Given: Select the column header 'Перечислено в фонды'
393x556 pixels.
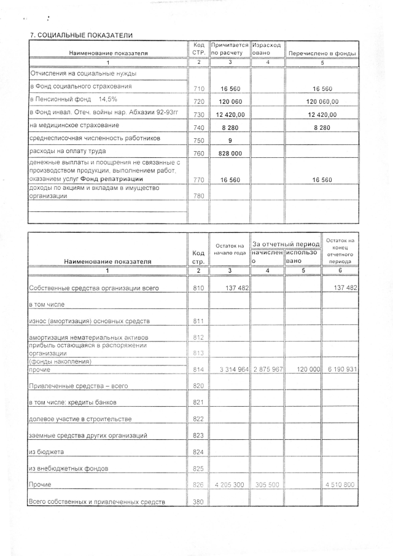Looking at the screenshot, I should coord(322,53).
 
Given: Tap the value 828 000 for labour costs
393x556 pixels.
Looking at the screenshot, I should coord(230,154).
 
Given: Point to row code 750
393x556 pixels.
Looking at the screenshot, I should coord(198,141).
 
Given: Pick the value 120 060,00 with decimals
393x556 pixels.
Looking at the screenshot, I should coord(322,102).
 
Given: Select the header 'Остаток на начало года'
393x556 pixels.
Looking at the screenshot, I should coord(230,249).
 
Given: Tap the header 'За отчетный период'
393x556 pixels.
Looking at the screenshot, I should coord(286,245).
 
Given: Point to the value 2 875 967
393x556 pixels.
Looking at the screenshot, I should coord(267,370).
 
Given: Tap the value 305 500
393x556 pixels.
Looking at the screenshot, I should coord(267,485).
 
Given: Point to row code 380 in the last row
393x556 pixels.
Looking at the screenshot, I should coord(198,502).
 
